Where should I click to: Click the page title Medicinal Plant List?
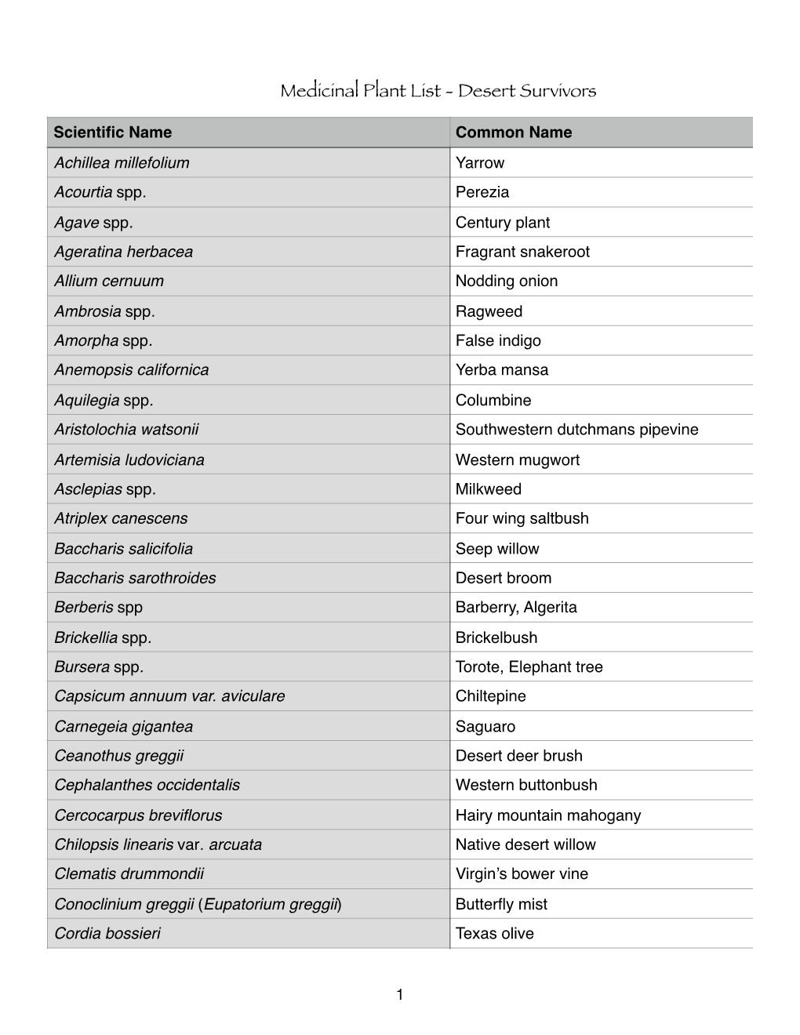[438, 91]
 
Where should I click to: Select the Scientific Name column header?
[113, 133]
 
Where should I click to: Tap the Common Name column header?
[514, 133]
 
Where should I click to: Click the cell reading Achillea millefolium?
[122, 163]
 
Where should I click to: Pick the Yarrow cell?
[480, 163]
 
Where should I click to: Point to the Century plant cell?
[503, 223]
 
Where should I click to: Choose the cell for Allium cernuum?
[109, 281]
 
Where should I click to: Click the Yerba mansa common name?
[502, 370]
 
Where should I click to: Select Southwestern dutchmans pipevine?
[576, 430]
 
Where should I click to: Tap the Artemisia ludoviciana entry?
[129, 460]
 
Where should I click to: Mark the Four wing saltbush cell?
[522, 518]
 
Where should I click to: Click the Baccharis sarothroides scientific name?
[135, 578]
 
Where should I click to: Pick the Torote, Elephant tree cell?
[529, 667]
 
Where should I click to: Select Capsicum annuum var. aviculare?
[169, 696]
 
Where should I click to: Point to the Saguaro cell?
[485, 727]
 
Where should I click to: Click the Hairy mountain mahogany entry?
[548, 815]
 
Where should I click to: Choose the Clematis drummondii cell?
[129, 873]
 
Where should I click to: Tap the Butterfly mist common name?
[501, 904]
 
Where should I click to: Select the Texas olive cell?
[495, 934]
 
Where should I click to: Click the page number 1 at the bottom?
[400, 995]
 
